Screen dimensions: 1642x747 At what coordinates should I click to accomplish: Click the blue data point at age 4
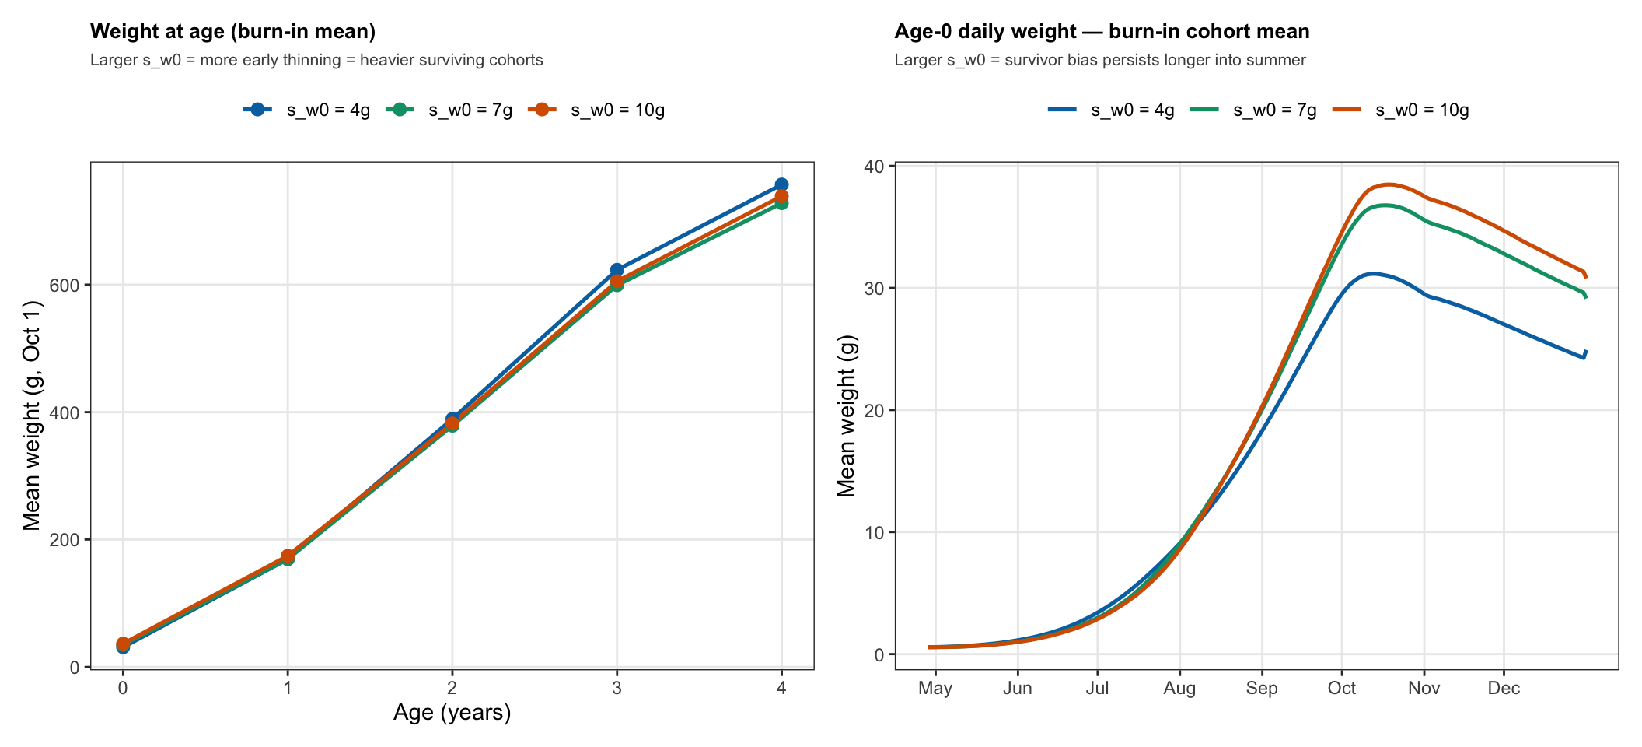click(x=781, y=185)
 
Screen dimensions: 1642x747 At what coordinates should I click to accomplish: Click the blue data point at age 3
click(x=617, y=270)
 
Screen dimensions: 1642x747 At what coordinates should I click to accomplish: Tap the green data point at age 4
click(x=781, y=202)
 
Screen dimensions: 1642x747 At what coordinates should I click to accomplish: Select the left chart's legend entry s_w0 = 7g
click(x=450, y=110)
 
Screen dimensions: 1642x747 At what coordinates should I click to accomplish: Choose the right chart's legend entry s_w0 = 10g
click(x=1401, y=110)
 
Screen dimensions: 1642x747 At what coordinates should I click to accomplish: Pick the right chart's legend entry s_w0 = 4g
click(x=1111, y=110)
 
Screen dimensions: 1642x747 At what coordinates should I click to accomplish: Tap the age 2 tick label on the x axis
click(x=452, y=688)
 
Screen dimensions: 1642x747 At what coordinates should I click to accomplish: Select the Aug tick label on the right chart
click(x=1179, y=689)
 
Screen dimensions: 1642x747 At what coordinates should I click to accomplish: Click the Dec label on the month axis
click(x=1504, y=688)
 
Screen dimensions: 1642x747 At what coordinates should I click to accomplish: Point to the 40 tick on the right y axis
click(x=874, y=166)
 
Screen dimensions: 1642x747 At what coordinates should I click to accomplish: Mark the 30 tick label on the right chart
click(x=874, y=288)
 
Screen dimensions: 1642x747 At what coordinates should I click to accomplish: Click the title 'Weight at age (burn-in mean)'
click(x=233, y=31)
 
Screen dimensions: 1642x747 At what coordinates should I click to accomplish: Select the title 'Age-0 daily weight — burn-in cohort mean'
click(x=1102, y=31)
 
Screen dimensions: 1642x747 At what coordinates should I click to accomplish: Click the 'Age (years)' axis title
click(x=452, y=713)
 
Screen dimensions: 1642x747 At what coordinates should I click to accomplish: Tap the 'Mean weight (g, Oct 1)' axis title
click(x=31, y=415)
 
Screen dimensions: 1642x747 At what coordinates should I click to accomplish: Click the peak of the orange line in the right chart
click(x=1389, y=184)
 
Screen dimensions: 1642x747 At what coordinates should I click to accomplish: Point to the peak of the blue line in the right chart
click(x=1373, y=273)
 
